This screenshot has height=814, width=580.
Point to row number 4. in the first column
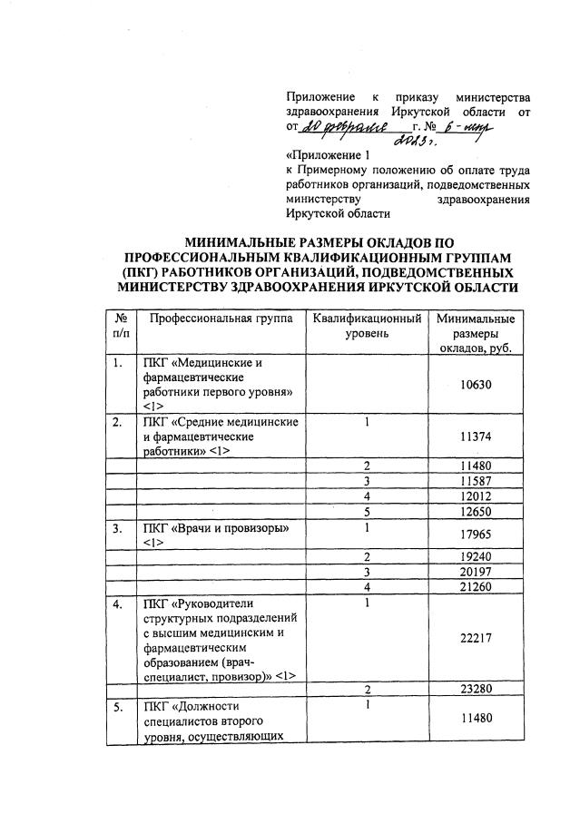(x=117, y=603)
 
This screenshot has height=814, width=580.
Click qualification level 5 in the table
(x=367, y=511)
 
